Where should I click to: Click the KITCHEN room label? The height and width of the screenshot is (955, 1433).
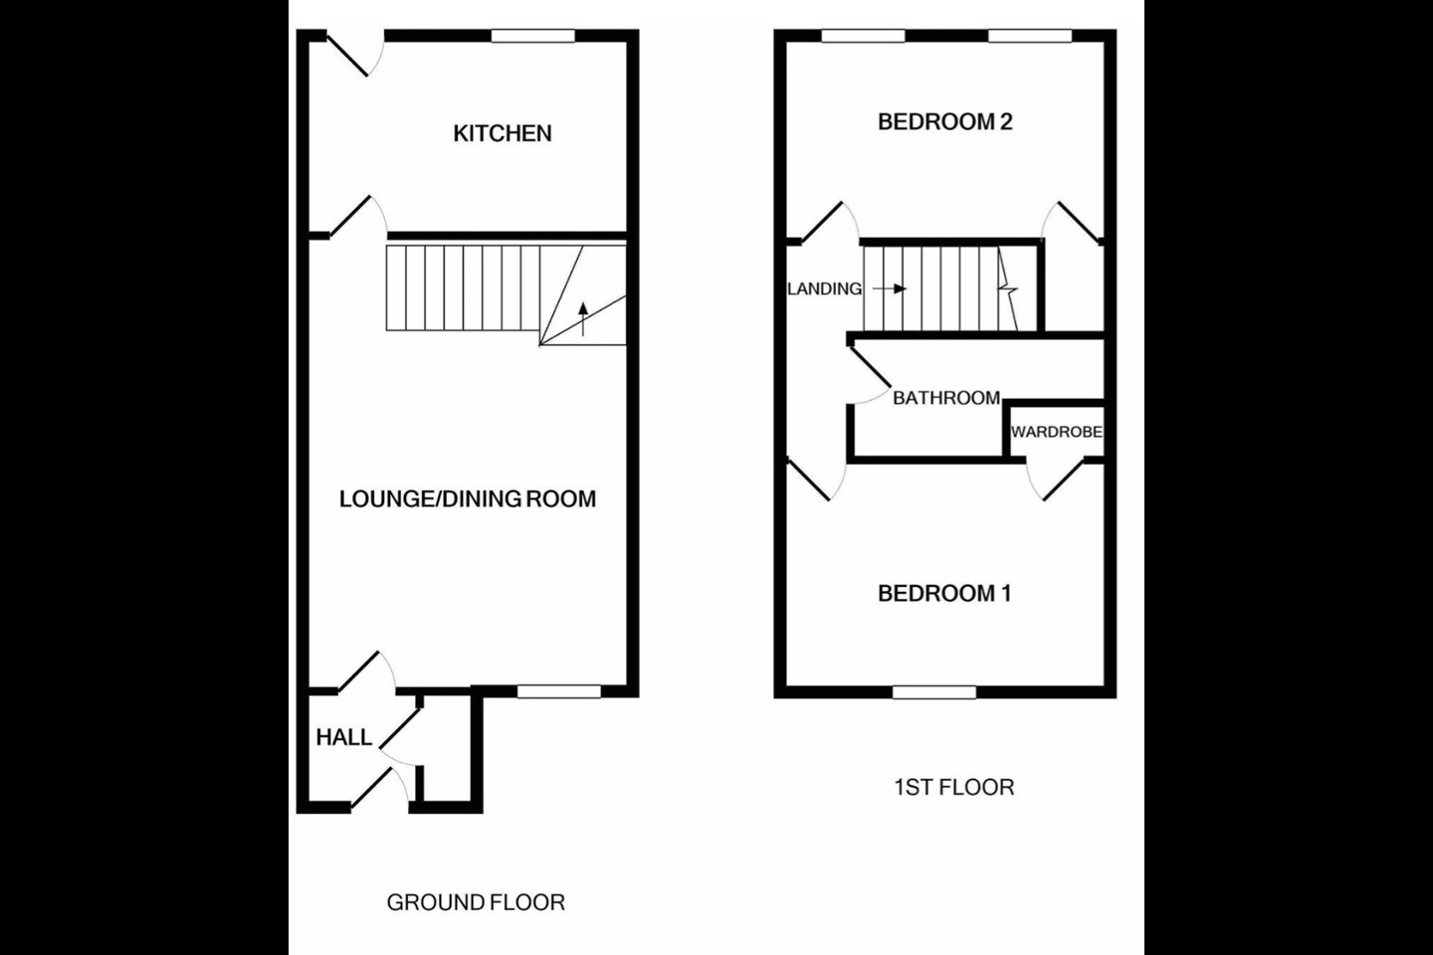coord(503,133)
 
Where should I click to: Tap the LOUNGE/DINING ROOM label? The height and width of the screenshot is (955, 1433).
coord(468,499)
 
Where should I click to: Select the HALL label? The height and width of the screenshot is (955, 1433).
coord(344,737)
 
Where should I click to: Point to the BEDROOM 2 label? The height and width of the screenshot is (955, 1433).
coord(945,121)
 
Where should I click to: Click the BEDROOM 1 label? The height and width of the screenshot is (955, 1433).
coord(944,594)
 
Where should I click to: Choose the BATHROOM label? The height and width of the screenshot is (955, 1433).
coord(946,398)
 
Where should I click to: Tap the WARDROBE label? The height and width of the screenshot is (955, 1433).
coord(1056,432)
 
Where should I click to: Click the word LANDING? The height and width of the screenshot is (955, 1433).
coord(825,289)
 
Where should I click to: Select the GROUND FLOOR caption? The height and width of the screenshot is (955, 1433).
coord(476,902)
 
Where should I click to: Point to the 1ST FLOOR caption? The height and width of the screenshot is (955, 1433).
coord(953,788)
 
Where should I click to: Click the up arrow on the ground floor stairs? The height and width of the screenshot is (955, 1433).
coord(583,319)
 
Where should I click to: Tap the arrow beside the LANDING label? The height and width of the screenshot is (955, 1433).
coord(890,289)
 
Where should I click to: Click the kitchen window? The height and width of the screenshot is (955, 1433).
coord(533,36)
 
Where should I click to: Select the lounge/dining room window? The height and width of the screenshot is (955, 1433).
coord(559,690)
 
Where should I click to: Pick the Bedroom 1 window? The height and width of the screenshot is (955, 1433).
coord(934,691)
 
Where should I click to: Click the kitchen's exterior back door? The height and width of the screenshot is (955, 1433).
coord(354,55)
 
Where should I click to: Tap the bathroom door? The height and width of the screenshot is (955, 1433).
coord(869,373)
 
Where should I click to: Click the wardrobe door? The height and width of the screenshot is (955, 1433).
coord(1056,477)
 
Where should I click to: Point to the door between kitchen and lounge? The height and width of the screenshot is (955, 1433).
coord(357,215)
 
